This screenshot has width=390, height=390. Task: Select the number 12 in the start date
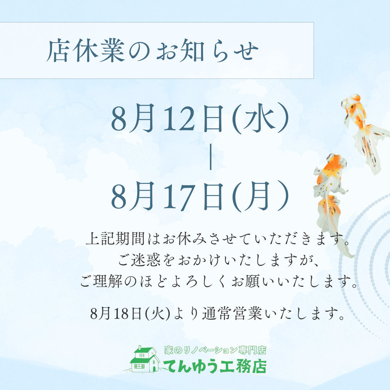click(178, 119)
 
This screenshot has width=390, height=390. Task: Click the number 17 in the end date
click(178, 196)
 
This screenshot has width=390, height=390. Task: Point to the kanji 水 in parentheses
click(259, 119)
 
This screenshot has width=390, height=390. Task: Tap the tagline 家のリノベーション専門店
click(215, 350)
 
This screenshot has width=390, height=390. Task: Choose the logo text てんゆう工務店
click(215, 366)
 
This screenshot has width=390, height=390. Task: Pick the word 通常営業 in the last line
click(232, 314)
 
